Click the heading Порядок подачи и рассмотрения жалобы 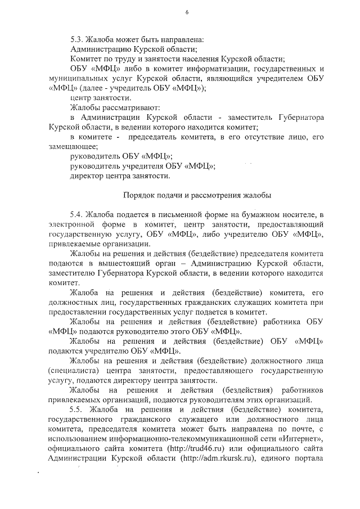tap(197, 196)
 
